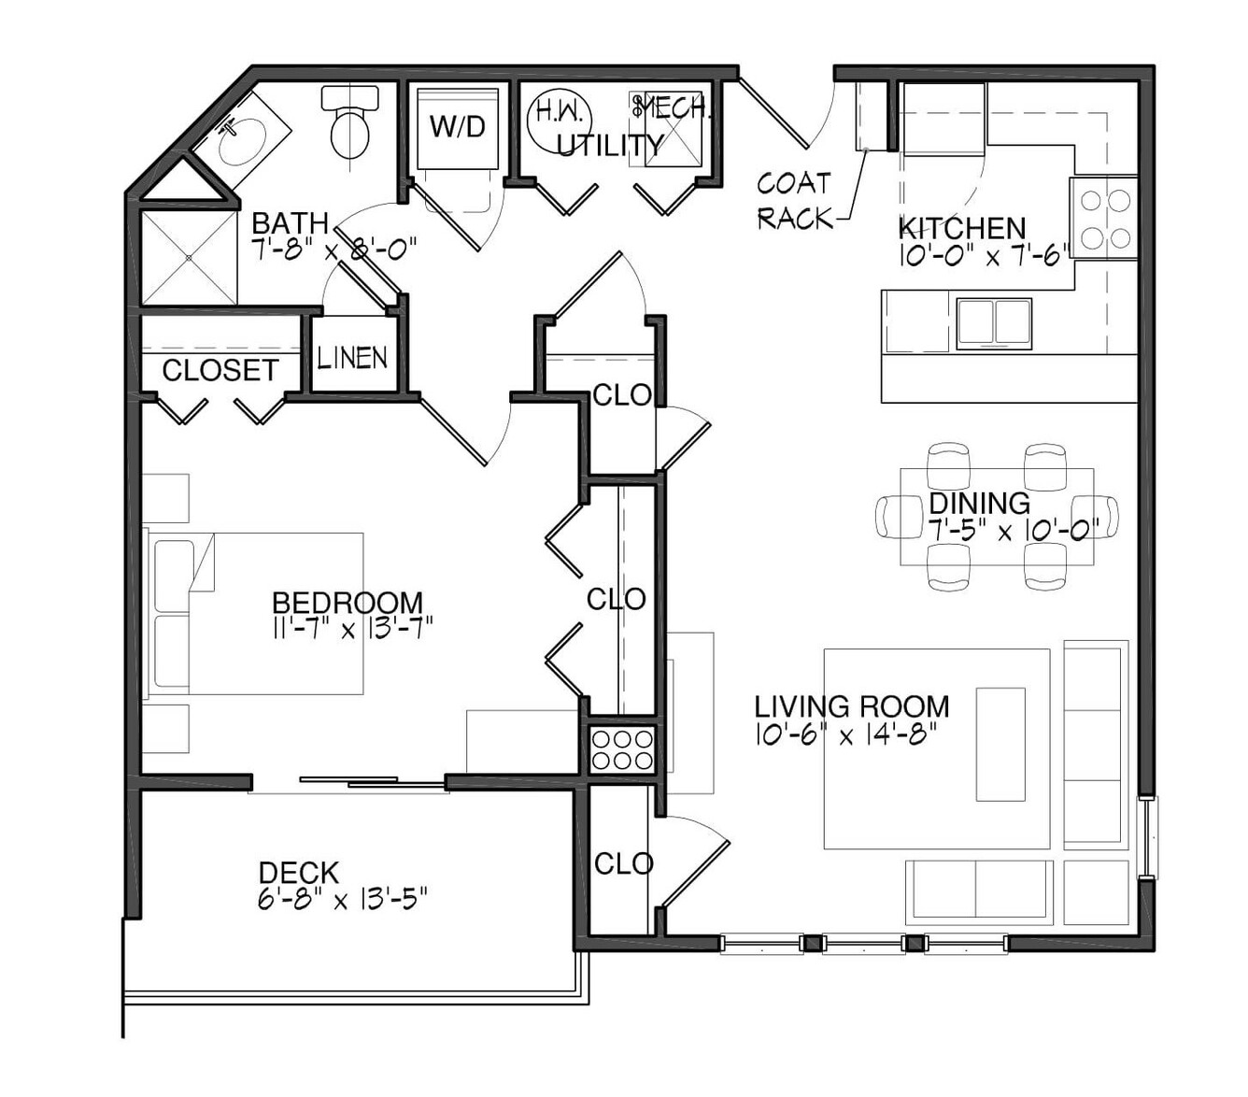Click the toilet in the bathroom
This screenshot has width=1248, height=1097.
click(x=350, y=122)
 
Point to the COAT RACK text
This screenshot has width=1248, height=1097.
click(x=795, y=200)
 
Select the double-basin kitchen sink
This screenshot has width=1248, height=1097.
click(x=994, y=324)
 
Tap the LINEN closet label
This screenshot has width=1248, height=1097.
click(x=352, y=358)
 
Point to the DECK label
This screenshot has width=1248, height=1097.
click(x=299, y=873)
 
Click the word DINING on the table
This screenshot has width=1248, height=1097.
click(x=979, y=503)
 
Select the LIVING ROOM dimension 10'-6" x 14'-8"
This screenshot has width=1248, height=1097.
click(x=846, y=734)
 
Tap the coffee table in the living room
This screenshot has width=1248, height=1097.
click(x=1000, y=744)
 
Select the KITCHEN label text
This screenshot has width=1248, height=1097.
click(x=962, y=228)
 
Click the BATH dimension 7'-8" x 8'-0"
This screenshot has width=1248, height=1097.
click(x=333, y=249)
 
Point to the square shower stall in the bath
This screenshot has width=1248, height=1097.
click(x=189, y=257)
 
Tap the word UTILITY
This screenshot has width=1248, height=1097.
click(x=609, y=146)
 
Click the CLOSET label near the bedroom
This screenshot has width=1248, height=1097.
click(x=220, y=370)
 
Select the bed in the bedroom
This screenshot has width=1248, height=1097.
click(x=254, y=613)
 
